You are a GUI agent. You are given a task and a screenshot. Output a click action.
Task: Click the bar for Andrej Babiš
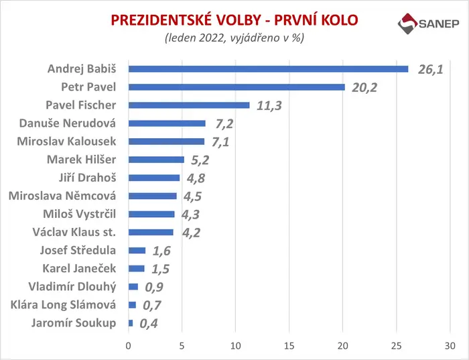[x=268, y=69]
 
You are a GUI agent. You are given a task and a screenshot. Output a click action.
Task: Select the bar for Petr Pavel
[x=237, y=87]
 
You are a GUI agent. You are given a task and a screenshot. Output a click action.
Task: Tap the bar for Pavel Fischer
[x=189, y=105]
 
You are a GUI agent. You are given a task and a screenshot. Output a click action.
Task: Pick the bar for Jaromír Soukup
[x=131, y=323]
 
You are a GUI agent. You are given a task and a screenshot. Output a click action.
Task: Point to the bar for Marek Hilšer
[x=156, y=160]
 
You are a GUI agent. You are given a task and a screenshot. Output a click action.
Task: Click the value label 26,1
[x=430, y=70]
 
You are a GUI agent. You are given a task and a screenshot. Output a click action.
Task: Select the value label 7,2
[x=224, y=124]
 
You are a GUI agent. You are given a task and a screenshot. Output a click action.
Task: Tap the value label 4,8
[x=196, y=178]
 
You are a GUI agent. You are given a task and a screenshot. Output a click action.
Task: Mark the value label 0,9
[x=154, y=288]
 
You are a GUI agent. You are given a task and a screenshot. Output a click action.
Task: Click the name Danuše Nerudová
[x=67, y=123]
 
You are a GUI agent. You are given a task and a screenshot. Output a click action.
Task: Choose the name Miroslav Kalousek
[x=66, y=141]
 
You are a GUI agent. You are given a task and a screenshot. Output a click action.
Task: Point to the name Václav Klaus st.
[x=74, y=232]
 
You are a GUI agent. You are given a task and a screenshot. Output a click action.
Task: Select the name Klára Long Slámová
[x=63, y=305]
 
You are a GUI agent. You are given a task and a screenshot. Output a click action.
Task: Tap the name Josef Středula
[x=78, y=251]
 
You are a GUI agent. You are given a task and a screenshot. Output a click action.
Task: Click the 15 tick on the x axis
[x=289, y=346]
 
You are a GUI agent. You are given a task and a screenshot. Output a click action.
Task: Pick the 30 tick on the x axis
[x=450, y=346]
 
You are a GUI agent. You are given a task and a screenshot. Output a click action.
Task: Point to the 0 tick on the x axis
[x=129, y=346]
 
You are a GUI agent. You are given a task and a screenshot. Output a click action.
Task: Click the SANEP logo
[x=428, y=23]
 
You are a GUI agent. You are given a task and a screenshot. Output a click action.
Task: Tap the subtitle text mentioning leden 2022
[x=234, y=38]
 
